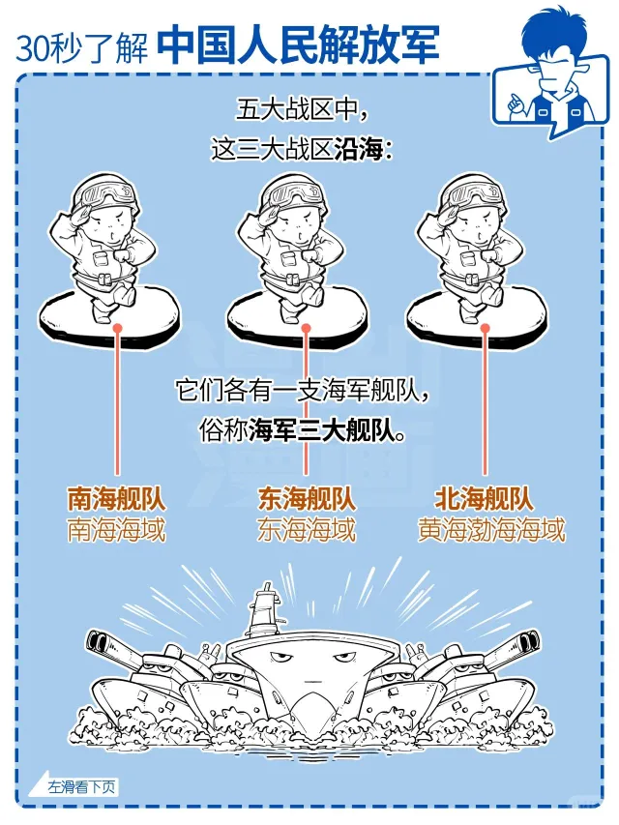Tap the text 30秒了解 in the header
click(x=81, y=47)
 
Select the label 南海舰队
click(x=116, y=498)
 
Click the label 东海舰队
click(x=307, y=498)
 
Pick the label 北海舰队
click(x=484, y=498)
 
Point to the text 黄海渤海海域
click(x=491, y=530)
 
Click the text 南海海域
click(x=116, y=530)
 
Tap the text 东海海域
click(x=307, y=530)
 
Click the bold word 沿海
click(x=358, y=150)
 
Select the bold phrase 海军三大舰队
click(x=322, y=431)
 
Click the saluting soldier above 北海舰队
click(x=475, y=250)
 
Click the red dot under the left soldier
click(x=117, y=328)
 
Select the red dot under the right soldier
click(x=486, y=328)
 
